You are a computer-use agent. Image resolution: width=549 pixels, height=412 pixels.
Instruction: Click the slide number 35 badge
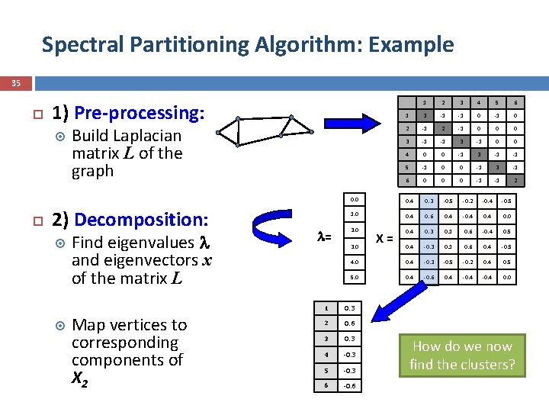click(16, 83)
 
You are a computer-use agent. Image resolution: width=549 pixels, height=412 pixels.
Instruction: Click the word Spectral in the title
click(75, 44)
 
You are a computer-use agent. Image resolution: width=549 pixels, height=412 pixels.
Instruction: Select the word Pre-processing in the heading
click(140, 113)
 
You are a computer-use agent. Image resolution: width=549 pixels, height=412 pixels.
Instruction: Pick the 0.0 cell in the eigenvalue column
click(355, 199)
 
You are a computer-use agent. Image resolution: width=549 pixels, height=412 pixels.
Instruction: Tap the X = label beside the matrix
click(386, 238)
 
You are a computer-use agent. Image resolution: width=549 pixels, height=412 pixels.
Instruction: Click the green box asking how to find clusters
click(462, 355)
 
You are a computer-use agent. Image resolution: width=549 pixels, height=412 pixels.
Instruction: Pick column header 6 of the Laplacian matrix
click(515, 103)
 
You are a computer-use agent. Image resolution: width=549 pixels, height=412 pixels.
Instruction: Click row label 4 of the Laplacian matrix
click(409, 155)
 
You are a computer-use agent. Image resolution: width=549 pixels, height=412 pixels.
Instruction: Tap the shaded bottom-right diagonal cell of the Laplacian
click(515, 181)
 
